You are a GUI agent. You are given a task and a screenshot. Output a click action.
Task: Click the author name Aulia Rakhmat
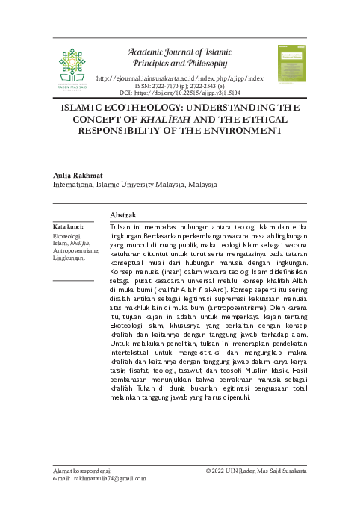[x=79, y=174]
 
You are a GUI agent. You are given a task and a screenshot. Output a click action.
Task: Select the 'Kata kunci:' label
[x=67, y=226]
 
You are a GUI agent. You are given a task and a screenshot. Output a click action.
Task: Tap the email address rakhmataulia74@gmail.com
[x=105, y=479]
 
